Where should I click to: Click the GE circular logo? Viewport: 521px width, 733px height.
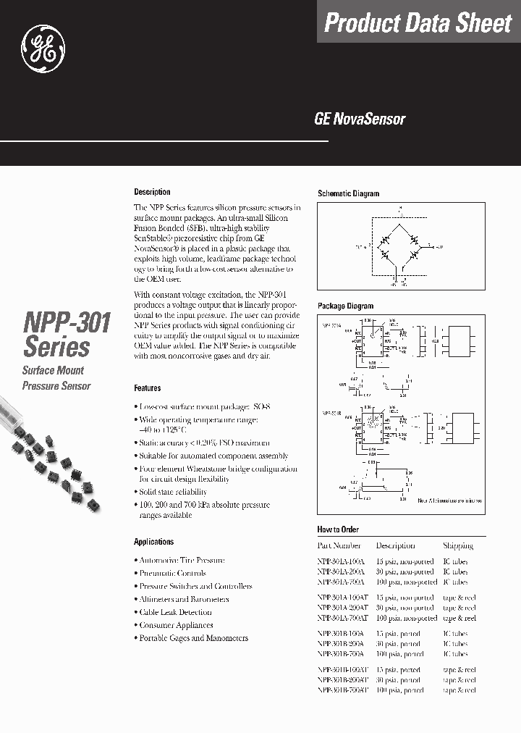click(x=48, y=48)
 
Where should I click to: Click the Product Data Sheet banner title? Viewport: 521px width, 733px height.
click(x=418, y=23)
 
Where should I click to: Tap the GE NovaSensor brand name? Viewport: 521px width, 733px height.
click(x=359, y=120)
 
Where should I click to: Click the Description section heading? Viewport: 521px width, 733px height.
click(x=152, y=192)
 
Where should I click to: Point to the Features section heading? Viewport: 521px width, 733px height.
click(x=147, y=388)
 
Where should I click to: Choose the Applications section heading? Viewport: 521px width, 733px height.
click(x=153, y=542)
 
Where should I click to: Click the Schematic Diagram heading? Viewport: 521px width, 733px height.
click(x=348, y=193)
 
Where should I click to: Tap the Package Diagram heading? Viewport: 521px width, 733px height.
click(x=345, y=306)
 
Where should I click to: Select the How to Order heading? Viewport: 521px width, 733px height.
click(x=337, y=529)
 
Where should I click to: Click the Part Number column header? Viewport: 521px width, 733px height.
click(x=339, y=545)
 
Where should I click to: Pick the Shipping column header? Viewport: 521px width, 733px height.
click(x=457, y=545)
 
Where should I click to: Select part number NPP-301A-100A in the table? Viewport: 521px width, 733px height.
click(x=342, y=561)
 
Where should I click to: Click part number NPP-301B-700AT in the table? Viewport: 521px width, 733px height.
click(x=343, y=690)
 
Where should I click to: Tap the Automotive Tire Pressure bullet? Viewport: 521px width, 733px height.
click(x=181, y=560)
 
